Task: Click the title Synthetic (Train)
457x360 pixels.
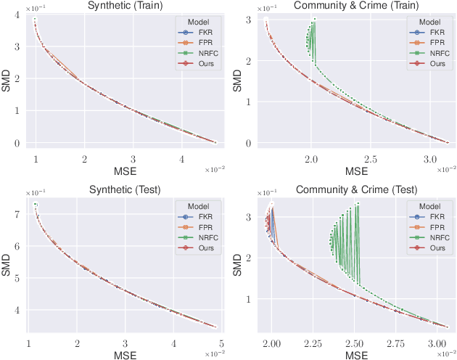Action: pos(124,6)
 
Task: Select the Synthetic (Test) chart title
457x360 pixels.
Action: pos(124,189)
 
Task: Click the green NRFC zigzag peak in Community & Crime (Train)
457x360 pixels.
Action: pos(315,19)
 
